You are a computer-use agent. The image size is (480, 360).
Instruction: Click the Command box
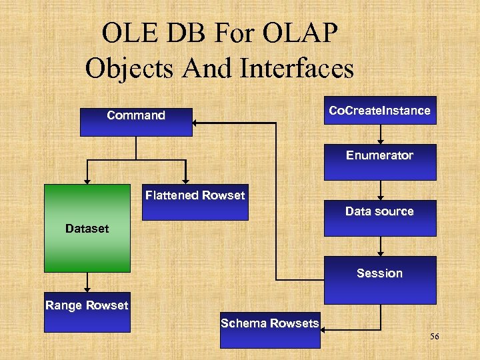point(136,122)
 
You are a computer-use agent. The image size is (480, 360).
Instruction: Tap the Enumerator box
point(380,162)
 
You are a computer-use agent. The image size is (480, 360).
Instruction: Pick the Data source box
point(380,218)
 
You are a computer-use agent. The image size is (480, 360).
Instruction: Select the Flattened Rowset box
point(195,202)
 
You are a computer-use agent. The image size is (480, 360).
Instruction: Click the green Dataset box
point(87,229)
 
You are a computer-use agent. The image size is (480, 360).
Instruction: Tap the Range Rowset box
point(87,313)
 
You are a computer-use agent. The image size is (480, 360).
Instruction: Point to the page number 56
point(435,337)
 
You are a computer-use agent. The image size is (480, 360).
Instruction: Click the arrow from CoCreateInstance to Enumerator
point(380,135)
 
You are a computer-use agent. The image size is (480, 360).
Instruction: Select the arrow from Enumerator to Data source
point(380,191)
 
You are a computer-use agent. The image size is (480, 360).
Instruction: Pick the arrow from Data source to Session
point(380,247)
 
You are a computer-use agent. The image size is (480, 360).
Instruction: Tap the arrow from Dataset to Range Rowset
point(87,283)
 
